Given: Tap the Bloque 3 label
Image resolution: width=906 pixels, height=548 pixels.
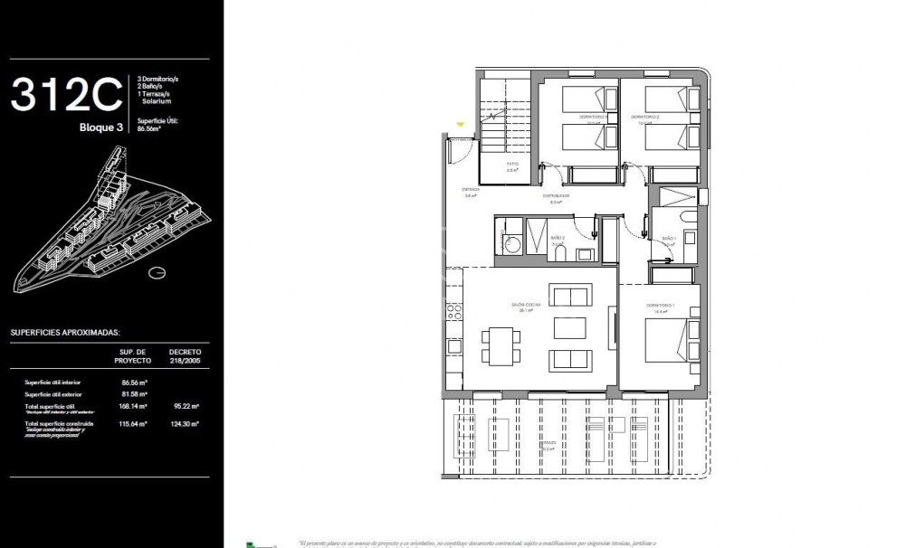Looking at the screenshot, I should click(101, 128).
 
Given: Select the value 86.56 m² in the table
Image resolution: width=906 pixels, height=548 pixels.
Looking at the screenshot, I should click(134, 383).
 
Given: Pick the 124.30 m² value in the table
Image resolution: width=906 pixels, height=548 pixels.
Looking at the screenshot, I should click(186, 423).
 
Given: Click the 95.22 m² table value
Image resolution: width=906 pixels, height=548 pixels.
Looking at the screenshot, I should click(186, 407).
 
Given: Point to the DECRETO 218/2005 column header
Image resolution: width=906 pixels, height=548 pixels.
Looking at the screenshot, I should click(185, 355).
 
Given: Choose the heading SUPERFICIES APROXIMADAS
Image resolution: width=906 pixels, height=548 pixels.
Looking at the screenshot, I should click(65, 332).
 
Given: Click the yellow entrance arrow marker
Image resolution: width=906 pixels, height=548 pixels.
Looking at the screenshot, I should click(460, 125).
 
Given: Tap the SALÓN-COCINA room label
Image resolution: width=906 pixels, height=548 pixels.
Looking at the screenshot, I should click(526, 306).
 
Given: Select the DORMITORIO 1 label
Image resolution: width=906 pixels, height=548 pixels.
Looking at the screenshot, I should click(660, 306).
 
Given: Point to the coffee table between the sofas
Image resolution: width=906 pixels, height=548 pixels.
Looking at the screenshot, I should click(568, 326).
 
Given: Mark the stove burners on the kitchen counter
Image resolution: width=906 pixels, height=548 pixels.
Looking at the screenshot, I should click(453, 310).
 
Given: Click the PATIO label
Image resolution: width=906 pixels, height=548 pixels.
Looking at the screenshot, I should click(511, 164).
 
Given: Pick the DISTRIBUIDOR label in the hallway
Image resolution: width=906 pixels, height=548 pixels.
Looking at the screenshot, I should click(556, 196).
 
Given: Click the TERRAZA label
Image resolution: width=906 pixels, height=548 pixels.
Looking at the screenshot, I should click(548, 444).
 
